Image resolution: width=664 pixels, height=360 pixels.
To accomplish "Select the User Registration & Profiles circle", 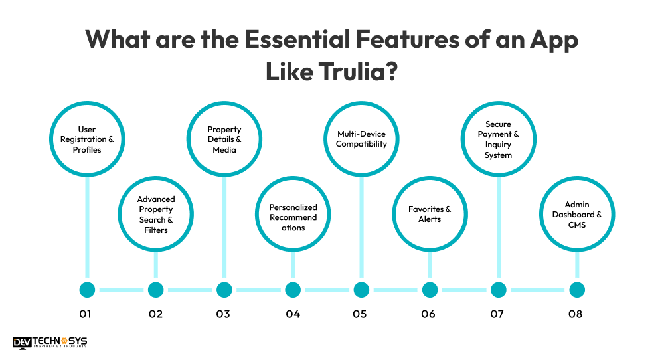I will tap(87, 139).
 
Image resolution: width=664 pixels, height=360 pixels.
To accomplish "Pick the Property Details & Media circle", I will tap(224, 139).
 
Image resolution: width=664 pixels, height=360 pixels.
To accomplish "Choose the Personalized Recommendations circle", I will tap(293, 217).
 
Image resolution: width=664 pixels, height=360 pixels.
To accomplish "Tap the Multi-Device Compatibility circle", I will tap(361, 139).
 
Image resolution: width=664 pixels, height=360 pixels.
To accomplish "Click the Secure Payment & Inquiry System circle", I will tap(498, 139).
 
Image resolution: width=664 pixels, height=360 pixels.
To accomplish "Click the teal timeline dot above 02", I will tap(156, 290).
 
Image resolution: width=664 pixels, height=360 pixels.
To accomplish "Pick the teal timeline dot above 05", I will tap(361, 290).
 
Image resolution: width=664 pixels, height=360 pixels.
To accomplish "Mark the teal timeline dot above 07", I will tap(498, 290).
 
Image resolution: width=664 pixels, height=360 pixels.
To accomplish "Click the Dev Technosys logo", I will tap(50, 343).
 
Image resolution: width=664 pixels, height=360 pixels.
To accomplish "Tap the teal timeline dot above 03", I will tap(224, 290).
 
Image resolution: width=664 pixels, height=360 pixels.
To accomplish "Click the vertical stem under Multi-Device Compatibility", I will tap(361, 232).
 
